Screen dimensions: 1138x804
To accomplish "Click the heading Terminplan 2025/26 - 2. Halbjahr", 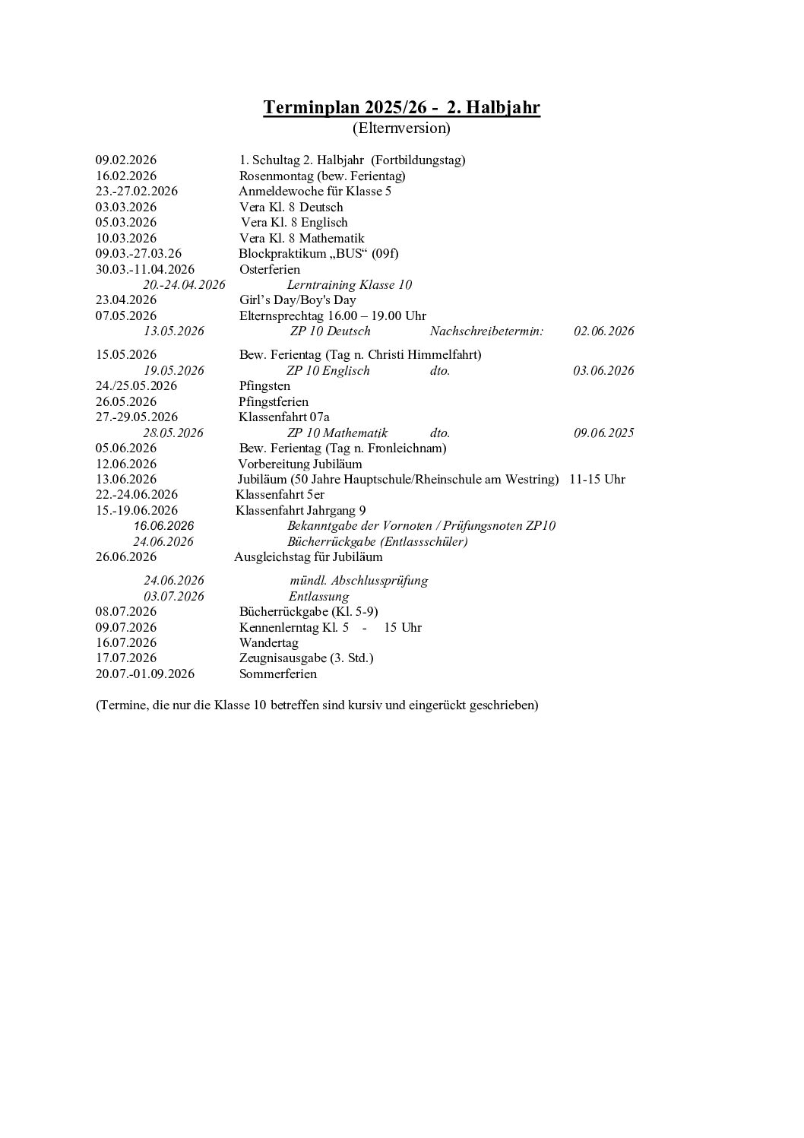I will point(401,107).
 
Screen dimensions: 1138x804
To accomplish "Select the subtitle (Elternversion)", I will point(401,128).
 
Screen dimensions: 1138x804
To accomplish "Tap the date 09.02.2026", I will point(126,160).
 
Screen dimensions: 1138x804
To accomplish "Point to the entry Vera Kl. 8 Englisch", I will point(294,222).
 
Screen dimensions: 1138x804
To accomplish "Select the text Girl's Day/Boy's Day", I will point(298,300).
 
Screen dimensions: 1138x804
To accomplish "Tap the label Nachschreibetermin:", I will point(486,331).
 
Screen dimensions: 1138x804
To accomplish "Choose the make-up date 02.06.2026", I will point(603,331).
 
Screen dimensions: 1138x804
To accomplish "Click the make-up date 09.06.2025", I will point(603,433).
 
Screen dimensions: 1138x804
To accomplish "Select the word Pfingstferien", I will point(274,401).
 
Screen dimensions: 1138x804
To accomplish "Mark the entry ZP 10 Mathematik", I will point(337,433).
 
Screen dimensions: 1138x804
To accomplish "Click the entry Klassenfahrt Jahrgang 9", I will point(301,510).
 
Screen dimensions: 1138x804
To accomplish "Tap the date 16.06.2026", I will point(164,526).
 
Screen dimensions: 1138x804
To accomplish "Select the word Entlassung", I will point(319,596).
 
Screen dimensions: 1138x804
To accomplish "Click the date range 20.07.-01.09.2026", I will point(145,674).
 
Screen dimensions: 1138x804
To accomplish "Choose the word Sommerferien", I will point(278,674).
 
